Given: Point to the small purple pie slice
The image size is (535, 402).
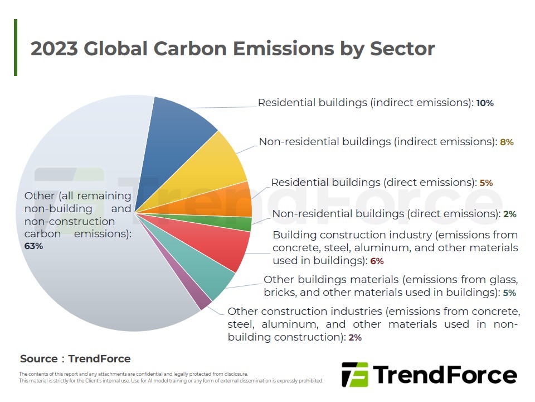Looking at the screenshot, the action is point(198,294).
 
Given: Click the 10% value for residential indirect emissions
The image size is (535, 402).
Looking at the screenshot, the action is point(485,103).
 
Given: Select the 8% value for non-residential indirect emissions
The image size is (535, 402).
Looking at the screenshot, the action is point(507,142).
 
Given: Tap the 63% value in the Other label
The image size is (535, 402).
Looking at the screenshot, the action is point(33,246).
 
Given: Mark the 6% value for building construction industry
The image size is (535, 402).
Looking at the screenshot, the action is point(377,261).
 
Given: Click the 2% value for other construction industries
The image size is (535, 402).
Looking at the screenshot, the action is point(355,338).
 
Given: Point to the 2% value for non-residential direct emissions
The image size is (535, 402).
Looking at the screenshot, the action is point(510,214).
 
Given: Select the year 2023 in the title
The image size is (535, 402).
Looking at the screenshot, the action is point(54,48).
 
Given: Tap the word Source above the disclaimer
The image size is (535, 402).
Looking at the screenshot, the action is point(39,358).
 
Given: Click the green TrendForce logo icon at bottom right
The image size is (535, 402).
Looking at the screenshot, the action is point(355,375).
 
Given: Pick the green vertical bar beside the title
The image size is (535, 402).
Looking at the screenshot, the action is point(16,47).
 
